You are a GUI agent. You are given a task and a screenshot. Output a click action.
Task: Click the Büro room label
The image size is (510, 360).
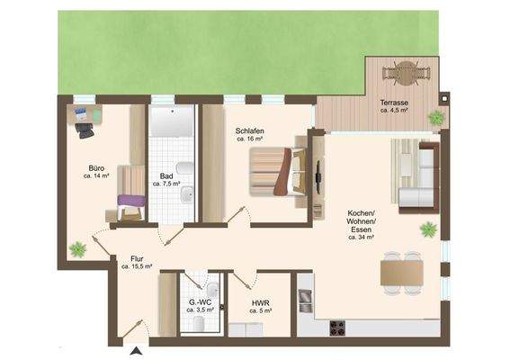(x=95, y=168)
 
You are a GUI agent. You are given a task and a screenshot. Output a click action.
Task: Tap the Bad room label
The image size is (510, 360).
(x=166, y=176)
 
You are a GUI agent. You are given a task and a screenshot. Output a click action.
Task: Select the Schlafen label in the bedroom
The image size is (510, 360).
(x=249, y=130)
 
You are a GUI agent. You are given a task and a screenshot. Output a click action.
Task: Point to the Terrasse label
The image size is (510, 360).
(x=394, y=103)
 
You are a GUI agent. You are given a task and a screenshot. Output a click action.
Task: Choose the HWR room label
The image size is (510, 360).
(x=261, y=303)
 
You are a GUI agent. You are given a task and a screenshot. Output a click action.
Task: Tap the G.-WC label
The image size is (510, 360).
(x=198, y=303)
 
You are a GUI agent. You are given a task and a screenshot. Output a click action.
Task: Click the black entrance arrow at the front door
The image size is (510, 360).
(x=135, y=351)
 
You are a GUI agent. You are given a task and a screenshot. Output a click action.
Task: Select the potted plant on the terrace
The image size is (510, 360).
(x=437, y=117)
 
